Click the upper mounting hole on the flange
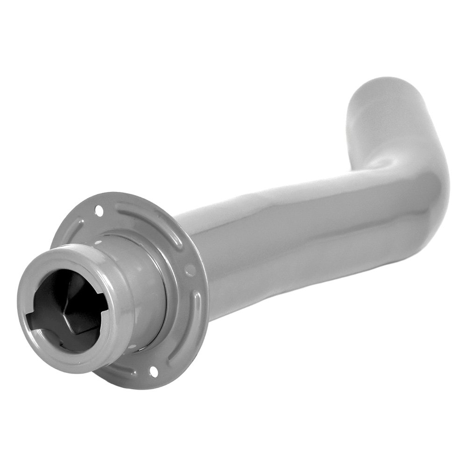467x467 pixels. pyautogui.click(x=99, y=210)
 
